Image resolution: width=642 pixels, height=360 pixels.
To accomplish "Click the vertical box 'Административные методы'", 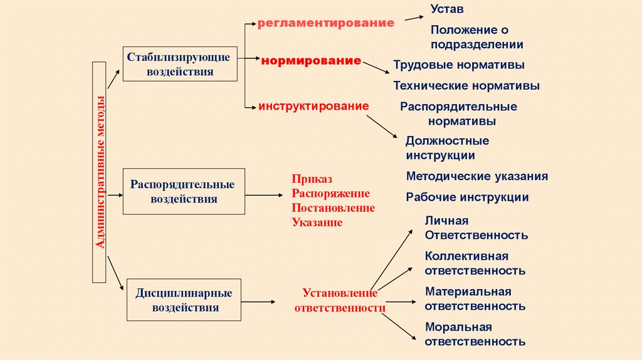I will (x=100, y=171).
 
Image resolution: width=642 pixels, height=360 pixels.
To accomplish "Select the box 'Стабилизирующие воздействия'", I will (x=180, y=64).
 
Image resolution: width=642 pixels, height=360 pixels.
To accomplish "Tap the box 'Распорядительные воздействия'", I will (x=183, y=192).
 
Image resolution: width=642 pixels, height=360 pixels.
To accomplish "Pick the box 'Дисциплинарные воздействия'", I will (x=184, y=300).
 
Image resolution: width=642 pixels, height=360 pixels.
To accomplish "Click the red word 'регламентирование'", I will (x=326, y=23).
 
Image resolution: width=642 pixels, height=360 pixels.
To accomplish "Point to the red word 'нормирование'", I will (x=312, y=61).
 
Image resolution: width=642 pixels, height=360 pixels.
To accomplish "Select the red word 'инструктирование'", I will (x=313, y=107).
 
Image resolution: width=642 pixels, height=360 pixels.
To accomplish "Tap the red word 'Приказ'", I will (x=311, y=178).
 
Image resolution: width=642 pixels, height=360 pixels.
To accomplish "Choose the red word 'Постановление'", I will (x=333, y=208).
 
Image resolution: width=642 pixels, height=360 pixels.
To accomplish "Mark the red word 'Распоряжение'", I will (x=330, y=193).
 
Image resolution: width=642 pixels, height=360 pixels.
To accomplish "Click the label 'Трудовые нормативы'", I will (x=459, y=65).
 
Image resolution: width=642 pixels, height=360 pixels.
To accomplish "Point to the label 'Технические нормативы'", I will (x=466, y=85).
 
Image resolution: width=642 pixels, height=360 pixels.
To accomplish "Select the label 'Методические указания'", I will (x=477, y=176).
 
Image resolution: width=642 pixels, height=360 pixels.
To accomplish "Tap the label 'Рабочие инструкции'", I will (x=467, y=197).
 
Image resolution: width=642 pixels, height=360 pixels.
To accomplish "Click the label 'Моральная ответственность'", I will (x=475, y=334).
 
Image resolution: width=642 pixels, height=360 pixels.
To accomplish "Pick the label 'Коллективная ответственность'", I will (x=475, y=263).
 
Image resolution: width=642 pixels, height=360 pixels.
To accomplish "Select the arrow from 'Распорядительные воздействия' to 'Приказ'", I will (x=264, y=195).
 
